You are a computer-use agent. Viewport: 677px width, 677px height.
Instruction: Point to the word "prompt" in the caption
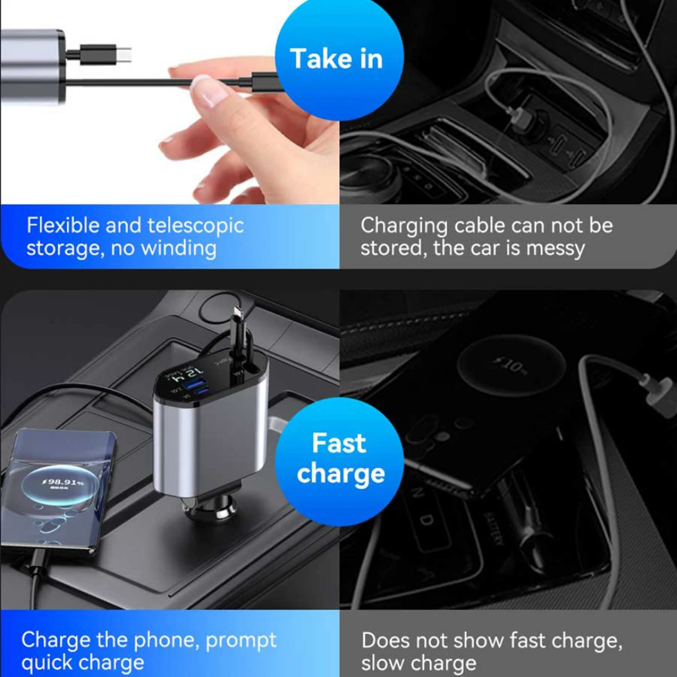241,640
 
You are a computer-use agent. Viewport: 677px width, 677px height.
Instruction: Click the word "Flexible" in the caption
63,226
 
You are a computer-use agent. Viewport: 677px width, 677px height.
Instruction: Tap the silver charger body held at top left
31,66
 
